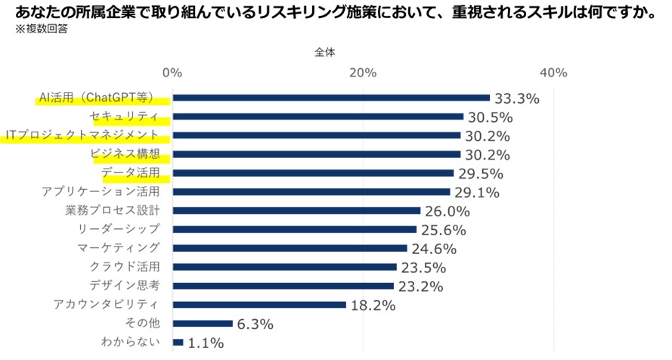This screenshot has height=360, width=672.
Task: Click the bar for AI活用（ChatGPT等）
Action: [x=331, y=98]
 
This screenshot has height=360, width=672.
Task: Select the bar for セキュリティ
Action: [x=317, y=116]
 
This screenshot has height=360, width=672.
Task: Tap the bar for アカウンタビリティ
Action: [x=259, y=305]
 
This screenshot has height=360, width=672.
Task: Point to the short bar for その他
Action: [x=203, y=324]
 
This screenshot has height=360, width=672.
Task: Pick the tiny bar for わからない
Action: [x=178, y=343]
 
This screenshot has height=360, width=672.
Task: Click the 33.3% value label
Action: [x=516, y=98]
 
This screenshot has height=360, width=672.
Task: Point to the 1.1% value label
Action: [x=205, y=343]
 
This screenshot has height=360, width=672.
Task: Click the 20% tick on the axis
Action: [x=363, y=73]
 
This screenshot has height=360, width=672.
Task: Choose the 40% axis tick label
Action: [x=553, y=73]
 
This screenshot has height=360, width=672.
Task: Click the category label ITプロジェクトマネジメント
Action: [x=82, y=135]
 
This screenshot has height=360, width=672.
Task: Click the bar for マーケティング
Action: [x=290, y=248]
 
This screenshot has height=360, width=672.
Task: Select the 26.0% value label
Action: [x=447, y=211]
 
